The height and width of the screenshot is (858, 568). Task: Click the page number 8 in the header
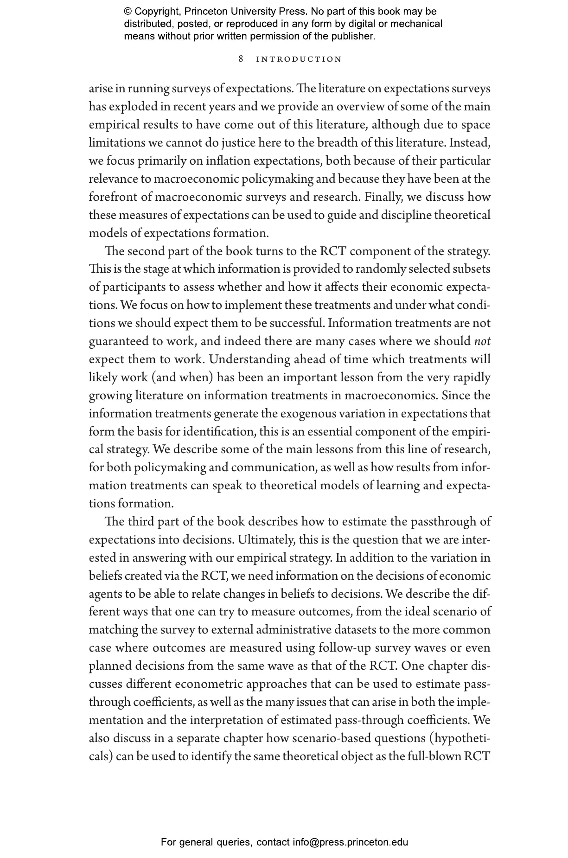[x=241, y=59]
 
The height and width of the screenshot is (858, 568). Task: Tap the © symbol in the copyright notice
[x=128, y=12]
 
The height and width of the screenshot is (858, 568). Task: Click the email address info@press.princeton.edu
[x=350, y=842]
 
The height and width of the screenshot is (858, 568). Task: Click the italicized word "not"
[x=483, y=341]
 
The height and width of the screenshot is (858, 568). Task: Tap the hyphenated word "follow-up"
[x=345, y=648]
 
